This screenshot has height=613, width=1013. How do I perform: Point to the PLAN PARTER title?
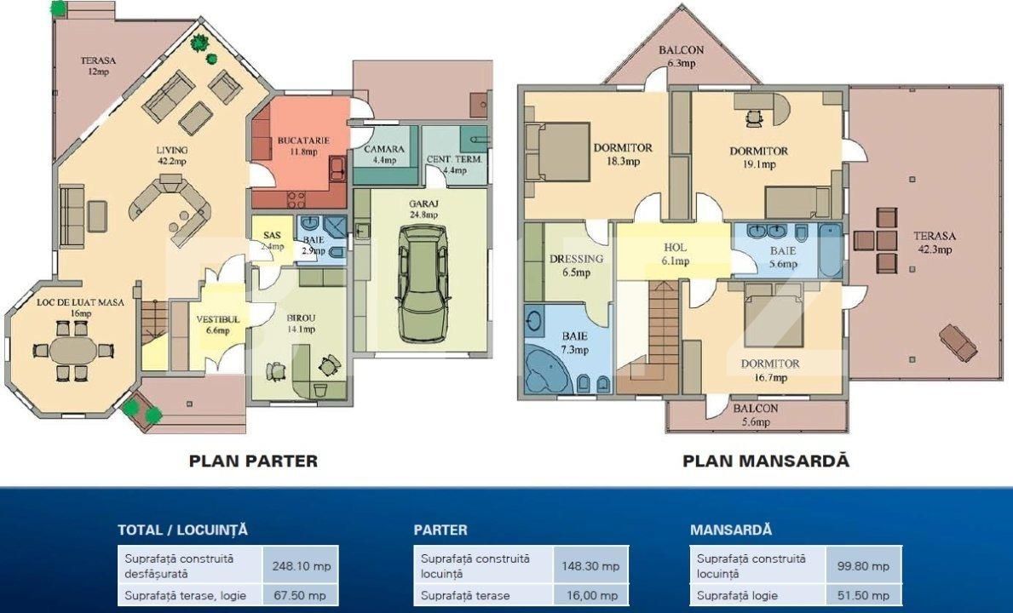pos(253,461)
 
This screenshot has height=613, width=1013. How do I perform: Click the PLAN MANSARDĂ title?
pos(765,461)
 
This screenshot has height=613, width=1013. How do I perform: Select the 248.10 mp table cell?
pos(301,565)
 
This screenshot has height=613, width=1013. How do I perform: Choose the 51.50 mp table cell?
pos(864,594)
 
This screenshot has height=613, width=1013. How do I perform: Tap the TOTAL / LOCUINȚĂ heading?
pos(182,530)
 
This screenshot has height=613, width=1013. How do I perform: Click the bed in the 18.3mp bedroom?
pos(558,152)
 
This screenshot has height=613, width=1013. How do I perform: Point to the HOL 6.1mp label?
pos(675,254)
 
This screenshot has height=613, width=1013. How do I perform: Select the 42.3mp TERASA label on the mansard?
pos(935,243)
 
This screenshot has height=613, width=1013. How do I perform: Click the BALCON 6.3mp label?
pos(681,56)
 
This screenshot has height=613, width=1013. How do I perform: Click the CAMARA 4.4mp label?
pos(384,154)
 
